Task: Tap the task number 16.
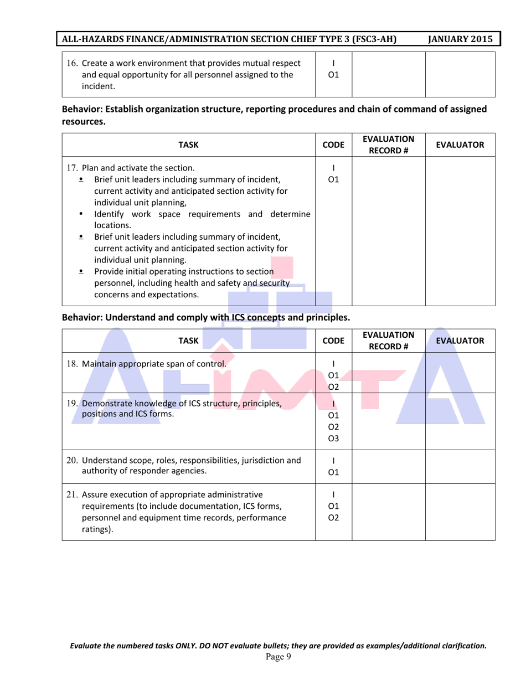(x=73, y=63)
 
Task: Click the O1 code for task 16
(x=333, y=75)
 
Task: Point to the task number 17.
(x=73, y=167)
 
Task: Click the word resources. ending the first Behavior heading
(x=83, y=122)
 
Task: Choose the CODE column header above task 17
(x=333, y=145)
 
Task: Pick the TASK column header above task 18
(x=188, y=341)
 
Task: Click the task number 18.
(x=73, y=364)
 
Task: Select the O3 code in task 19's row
(x=333, y=439)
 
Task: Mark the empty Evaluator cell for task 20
(x=460, y=466)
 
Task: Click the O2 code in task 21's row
(x=333, y=518)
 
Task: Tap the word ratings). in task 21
(x=97, y=529)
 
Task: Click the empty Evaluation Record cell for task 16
(x=388, y=75)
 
